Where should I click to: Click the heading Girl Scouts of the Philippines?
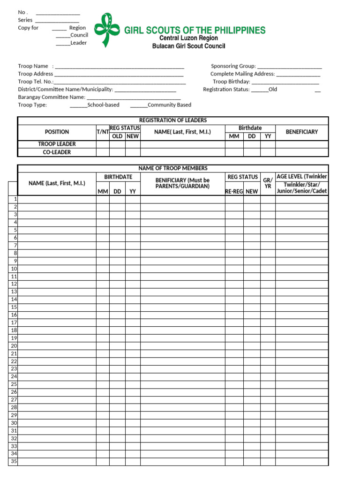coord(195,30)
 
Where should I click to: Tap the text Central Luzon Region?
coord(188,38)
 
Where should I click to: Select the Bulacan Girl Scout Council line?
coord(188,46)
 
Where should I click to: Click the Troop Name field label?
coord(33,67)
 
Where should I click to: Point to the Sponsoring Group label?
coord(233,67)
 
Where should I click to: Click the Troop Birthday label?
coord(232,82)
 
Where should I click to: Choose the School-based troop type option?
coord(103,105)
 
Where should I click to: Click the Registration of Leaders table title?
coord(173,120)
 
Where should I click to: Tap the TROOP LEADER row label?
coord(57,144)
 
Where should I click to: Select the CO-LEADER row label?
coord(57,152)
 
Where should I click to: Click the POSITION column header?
coord(57,132)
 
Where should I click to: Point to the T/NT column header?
coord(103,132)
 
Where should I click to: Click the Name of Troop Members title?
coord(173,168)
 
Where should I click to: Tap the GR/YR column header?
coord(268,183)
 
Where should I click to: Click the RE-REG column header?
coord(234,191)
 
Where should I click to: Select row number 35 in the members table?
coord(14,461)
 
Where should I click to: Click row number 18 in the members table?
coord(14,330)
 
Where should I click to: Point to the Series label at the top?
coord(25,20)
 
